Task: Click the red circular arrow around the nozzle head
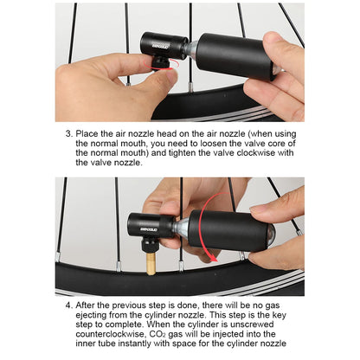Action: pyautogui.click(x=162, y=66)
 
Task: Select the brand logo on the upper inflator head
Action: pyautogui.click(x=161, y=45)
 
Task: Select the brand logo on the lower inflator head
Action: pyautogui.click(x=149, y=229)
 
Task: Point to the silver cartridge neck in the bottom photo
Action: pyautogui.click(x=181, y=227)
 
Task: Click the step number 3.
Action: pyautogui.click(x=68, y=134)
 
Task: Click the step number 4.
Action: pyautogui.click(x=68, y=305)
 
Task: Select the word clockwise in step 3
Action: pyautogui.click(x=256, y=153)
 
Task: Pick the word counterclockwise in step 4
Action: pyautogui.click(x=110, y=334)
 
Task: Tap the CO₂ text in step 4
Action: pyautogui.click(x=157, y=334)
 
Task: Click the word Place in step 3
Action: pyautogui.click(x=87, y=134)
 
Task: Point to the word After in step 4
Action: pyautogui.click(x=85, y=305)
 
